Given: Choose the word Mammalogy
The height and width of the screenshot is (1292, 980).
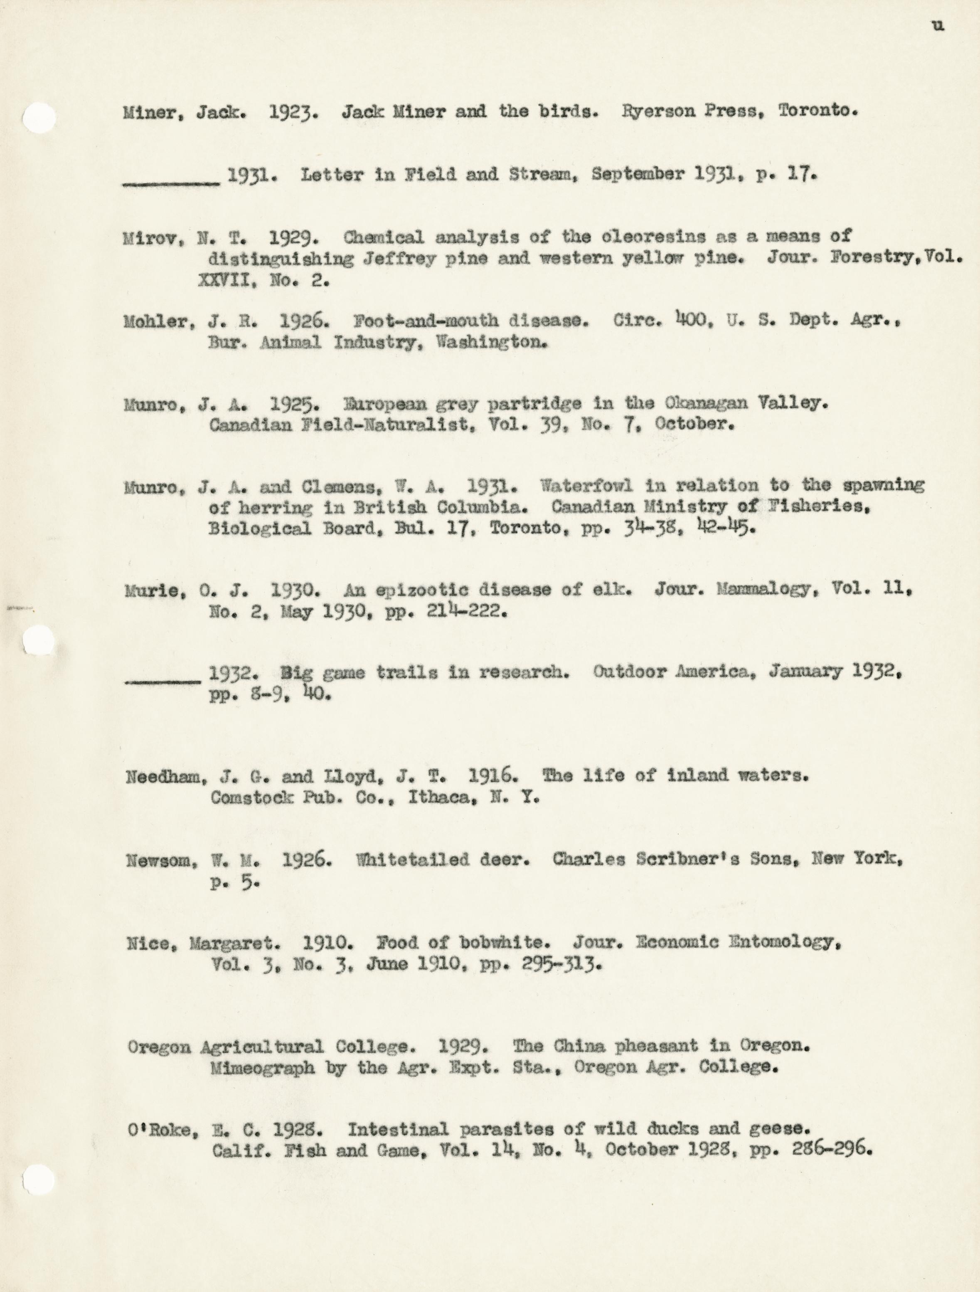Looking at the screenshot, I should click(764, 589).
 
